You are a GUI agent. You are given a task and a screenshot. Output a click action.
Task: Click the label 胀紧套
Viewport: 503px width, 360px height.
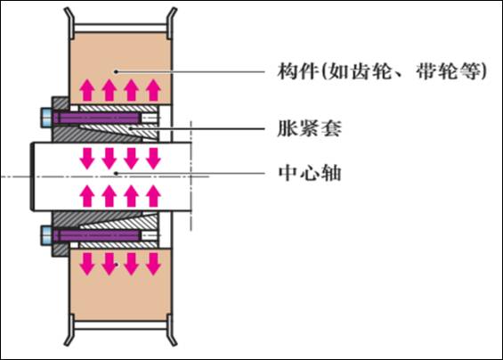pos(309,129)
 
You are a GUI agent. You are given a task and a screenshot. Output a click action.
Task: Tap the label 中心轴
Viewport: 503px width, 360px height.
pos(309,173)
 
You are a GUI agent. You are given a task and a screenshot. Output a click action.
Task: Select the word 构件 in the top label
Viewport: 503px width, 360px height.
pos(298,71)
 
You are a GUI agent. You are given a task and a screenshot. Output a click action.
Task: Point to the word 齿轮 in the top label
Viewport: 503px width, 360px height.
pos(371,71)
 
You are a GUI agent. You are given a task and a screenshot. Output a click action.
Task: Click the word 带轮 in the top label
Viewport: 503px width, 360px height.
pos(437,71)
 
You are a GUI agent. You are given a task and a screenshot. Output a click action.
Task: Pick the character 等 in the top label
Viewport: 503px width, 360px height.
pos(470,71)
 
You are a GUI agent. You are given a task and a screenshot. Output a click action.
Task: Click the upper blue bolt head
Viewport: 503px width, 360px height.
pos(46,118)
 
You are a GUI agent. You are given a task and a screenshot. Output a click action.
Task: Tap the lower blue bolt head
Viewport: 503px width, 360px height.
pos(46,236)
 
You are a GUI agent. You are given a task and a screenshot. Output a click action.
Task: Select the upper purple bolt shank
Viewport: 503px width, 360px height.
pos(96,118)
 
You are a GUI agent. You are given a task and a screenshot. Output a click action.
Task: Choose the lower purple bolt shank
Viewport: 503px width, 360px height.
pos(96,236)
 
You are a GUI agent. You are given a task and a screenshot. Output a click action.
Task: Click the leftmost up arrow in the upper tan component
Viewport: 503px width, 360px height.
pos(87,90)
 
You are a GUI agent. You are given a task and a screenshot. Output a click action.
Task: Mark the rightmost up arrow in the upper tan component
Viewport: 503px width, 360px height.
pos(153,90)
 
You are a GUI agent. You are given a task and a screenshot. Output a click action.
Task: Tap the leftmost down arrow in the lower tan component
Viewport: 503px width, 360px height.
pos(87,264)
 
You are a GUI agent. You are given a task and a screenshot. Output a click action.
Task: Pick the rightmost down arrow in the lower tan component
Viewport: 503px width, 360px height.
pos(153,264)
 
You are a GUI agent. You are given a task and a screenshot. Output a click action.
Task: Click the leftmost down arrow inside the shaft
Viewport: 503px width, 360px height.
pos(87,159)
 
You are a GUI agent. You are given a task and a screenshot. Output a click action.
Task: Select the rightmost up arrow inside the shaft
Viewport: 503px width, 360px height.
pos(153,196)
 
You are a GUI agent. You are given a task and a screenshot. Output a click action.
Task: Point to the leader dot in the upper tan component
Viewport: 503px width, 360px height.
pos(116,71)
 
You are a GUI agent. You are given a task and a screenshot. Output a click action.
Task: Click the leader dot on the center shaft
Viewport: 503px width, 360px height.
pos(116,173)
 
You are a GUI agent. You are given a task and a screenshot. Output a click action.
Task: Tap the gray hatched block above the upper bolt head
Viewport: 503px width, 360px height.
pos(60,103)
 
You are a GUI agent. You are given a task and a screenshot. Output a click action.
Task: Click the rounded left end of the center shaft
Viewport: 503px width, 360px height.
pos(32,176)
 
